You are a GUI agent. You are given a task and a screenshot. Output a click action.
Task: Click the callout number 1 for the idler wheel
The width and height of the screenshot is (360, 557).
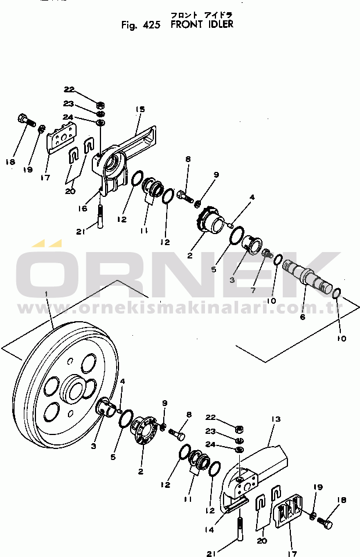(x=46, y=294)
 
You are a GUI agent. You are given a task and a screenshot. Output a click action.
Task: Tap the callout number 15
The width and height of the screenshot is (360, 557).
(x=141, y=109)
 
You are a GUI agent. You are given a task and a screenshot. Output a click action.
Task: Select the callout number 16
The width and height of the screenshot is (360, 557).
(x=82, y=208)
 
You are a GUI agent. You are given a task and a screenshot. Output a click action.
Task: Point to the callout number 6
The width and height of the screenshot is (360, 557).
(x=303, y=317)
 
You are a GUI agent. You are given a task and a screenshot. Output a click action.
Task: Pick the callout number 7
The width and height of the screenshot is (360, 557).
(x=253, y=290)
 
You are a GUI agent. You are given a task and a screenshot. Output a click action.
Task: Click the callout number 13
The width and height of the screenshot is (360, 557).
(x=276, y=419)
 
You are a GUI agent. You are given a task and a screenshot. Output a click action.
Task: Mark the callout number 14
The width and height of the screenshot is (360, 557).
(x=210, y=530)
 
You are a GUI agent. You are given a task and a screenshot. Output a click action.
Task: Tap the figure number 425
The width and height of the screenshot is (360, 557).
(x=151, y=25)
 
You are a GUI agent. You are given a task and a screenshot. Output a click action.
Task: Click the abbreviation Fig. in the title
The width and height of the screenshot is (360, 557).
(x=129, y=26)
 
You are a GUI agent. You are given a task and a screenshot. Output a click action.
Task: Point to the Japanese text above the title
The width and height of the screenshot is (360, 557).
(x=201, y=15)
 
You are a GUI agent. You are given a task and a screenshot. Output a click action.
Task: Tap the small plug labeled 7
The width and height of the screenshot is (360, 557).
(x=267, y=254)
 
